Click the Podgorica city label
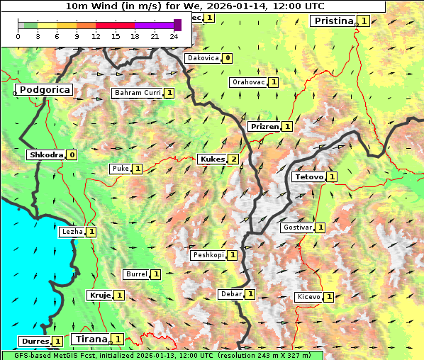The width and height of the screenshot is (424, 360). (x=44, y=90)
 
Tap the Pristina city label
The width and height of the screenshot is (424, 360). (x=333, y=21)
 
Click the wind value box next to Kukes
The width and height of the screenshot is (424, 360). (x=233, y=159)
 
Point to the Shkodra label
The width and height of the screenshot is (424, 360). (x=46, y=155)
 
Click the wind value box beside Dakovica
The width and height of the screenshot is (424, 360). (x=227, y=58)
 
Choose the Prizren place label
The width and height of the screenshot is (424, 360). (x=264, y=127)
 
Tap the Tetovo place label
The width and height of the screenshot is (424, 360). (x=309, y=176)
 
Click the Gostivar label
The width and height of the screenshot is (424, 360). (x=297, y=227)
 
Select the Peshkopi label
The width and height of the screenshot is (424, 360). (x=208, y=255)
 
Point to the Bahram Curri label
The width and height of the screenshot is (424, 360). (x=138, y=93)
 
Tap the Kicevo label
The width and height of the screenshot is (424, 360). (x=308, y=297)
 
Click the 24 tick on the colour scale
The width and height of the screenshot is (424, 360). (x=174, y=36)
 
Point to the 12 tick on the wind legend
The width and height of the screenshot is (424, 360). (x=96, y=36)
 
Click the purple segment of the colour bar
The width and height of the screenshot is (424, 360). (x=154, y=25)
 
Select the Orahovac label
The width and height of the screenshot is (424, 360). (x=248, y=82)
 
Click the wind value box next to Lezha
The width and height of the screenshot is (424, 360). (x=91, y=232)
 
